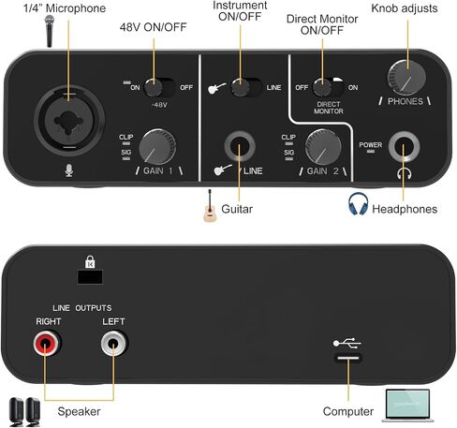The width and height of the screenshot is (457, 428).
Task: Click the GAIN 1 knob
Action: pos(157,146)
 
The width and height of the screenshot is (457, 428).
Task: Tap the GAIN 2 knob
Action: pos(323,147)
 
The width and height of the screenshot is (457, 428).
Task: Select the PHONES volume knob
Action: pos(406,78)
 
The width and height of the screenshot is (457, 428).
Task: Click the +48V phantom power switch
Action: pos(159,87)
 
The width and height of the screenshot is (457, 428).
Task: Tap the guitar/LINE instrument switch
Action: pos(246,87)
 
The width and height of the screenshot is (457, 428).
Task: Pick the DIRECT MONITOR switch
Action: pos(329,87)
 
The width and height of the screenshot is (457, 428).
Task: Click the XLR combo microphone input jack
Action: pos(69,121)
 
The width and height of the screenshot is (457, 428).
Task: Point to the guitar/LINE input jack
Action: pos(240,146)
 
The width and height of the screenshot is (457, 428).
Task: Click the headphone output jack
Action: pos(404,146)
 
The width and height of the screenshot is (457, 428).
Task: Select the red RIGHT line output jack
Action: pos(47,344)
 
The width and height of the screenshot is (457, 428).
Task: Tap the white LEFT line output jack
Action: pos(114,344)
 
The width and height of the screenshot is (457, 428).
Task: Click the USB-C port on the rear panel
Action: pos(348,358)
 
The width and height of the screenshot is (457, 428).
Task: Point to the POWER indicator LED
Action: pos(371,151)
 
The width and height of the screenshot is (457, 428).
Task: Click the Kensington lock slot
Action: pos(90,277)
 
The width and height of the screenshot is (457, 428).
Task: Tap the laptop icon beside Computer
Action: pos(407,406)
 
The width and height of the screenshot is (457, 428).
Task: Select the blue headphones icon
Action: pos(358,203)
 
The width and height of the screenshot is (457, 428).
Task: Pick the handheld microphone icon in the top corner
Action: pos(50,31)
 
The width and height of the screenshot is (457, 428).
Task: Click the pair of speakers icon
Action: pos(24,412)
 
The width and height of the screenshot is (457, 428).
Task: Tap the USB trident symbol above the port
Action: pos(346,343)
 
